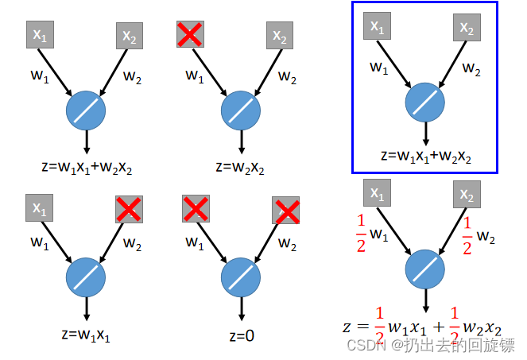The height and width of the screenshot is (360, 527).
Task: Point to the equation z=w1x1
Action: point(85,335)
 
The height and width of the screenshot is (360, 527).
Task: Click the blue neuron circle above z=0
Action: point(239,275)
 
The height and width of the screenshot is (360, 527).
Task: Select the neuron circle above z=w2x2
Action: point(239,108)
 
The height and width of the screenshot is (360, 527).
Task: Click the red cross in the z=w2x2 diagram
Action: point(189,34)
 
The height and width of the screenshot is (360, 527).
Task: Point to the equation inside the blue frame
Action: point(426,156)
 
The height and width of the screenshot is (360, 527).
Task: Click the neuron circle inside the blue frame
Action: point(426,103)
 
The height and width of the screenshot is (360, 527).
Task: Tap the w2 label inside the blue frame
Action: point(471,69)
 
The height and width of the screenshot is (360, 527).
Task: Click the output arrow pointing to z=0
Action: point(239,308)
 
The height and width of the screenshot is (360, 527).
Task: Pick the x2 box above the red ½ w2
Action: point(467,195)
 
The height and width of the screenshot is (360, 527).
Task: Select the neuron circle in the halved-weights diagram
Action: point(426,269)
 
